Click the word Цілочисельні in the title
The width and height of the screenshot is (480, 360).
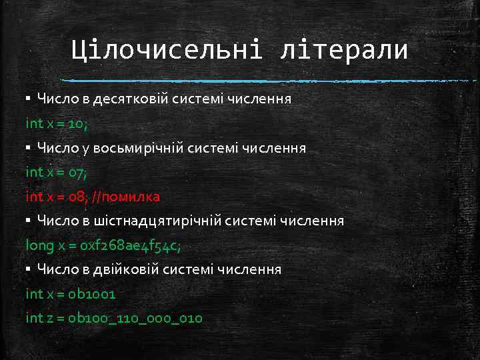[167, 50]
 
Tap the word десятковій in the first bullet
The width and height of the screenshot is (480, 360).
[133, 99]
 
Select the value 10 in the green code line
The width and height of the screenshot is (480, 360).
[77, 123]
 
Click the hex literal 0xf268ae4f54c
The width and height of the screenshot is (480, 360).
[129, 245]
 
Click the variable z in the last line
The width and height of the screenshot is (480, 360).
[50, 318]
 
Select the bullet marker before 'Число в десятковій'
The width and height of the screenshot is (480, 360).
[28, 99]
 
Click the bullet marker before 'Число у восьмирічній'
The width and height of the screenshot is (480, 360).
[28, 148]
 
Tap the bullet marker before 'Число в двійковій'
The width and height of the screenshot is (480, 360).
[28, 270]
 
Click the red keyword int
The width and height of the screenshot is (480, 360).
[33, 197]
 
